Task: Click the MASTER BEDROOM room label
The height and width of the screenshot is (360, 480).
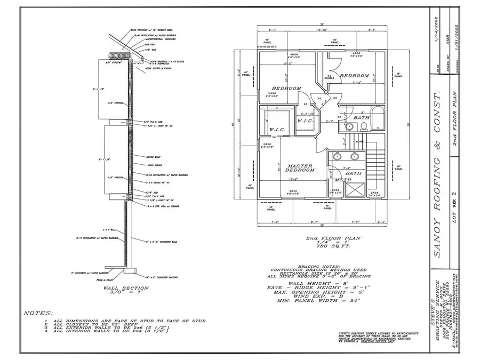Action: point(300,167)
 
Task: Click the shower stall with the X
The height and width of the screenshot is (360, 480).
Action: point(357,190)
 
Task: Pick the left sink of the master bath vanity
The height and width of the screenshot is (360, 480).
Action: point(338,156)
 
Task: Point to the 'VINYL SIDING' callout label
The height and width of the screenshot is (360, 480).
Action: point(155,165)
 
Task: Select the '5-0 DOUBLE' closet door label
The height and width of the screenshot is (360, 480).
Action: point(331,77)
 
